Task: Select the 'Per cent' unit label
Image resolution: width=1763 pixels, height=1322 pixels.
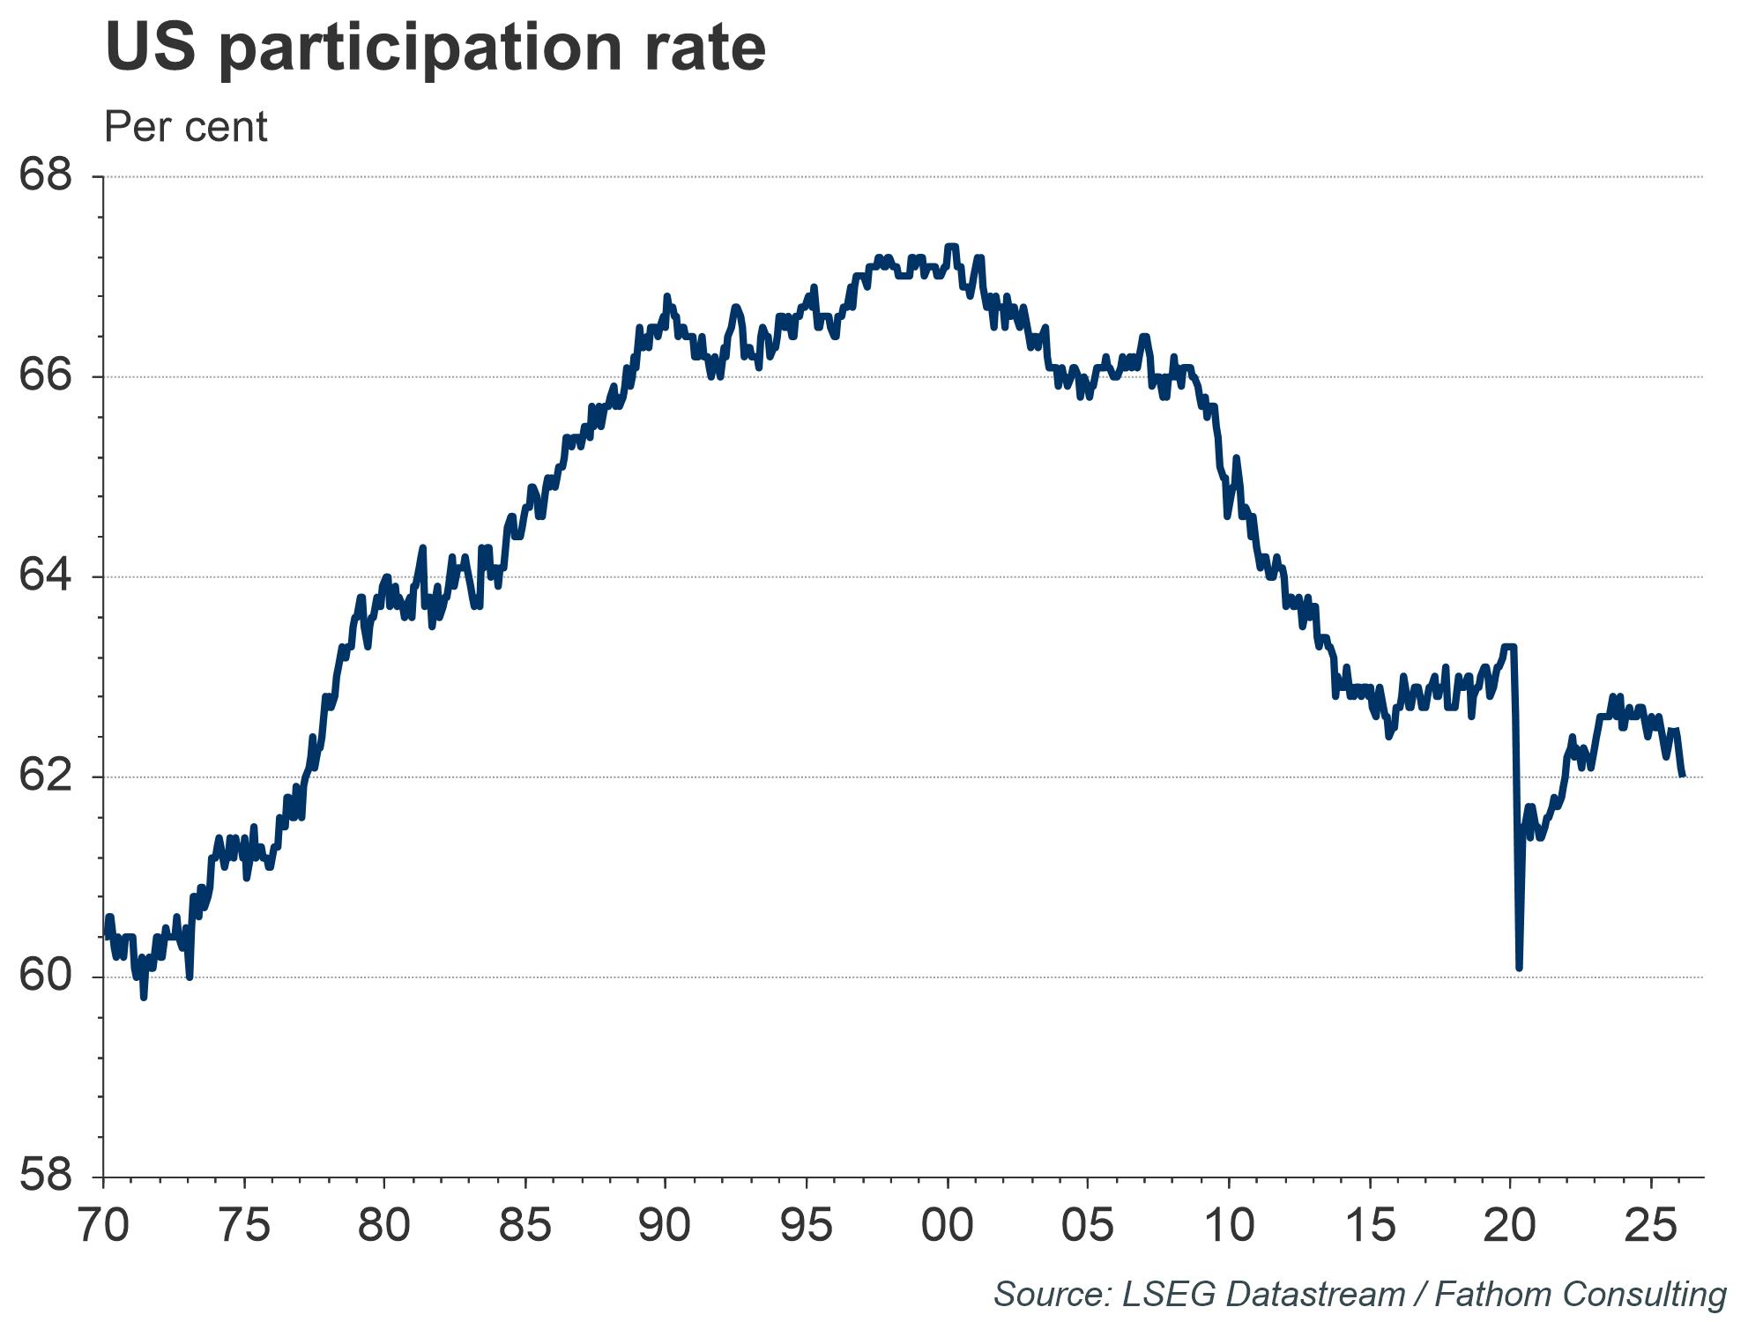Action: click(x=185, y=127)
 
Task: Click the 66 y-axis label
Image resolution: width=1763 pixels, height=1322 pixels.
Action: click(x=45, y=376)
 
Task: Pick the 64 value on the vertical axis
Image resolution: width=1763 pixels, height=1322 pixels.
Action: click(x=45, y=576)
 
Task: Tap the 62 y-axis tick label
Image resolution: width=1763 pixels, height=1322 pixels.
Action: click(x=45, y=776)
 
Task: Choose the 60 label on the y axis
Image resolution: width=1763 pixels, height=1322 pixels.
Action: click(x=45, y=977)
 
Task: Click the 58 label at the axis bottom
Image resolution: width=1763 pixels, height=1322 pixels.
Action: click(x=45, y=1177)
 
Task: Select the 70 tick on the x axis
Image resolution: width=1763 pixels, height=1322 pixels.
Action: click(x=104, y=1226)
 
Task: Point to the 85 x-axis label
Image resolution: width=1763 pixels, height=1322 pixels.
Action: click(x=525, y=1226)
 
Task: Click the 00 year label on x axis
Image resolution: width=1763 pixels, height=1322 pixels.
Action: click(x=948, y=1226)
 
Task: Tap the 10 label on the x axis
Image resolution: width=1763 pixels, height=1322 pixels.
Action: click(x=1229, y=1226)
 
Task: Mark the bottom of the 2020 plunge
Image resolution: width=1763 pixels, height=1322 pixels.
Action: click(x=1519, y=969)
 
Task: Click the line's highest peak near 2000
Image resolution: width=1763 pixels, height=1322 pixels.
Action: click(x=951, y=246)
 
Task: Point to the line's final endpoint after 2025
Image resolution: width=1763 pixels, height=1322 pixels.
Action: click(x=1684, y=776)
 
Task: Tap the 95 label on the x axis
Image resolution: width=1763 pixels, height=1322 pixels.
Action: click(x=807, y=1226)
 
